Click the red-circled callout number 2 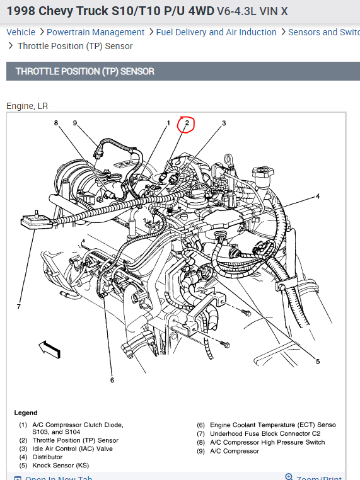click(187, 123)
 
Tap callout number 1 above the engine click(168, 123)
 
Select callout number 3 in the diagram click(223, 123)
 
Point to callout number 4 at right click(318, 197)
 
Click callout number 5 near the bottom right click(318, 361)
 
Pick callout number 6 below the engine click(112, 380)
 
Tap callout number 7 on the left click(18, 306)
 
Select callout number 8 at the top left click(55, 123)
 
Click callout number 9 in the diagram click(75, 123)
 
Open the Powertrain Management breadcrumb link click(95, 32)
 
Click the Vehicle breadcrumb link click(21, 32)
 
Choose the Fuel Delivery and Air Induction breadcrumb click(216, 32)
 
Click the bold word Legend click(26, 413)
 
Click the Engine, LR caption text click(27, 106)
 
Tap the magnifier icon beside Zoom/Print click(289, 477)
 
